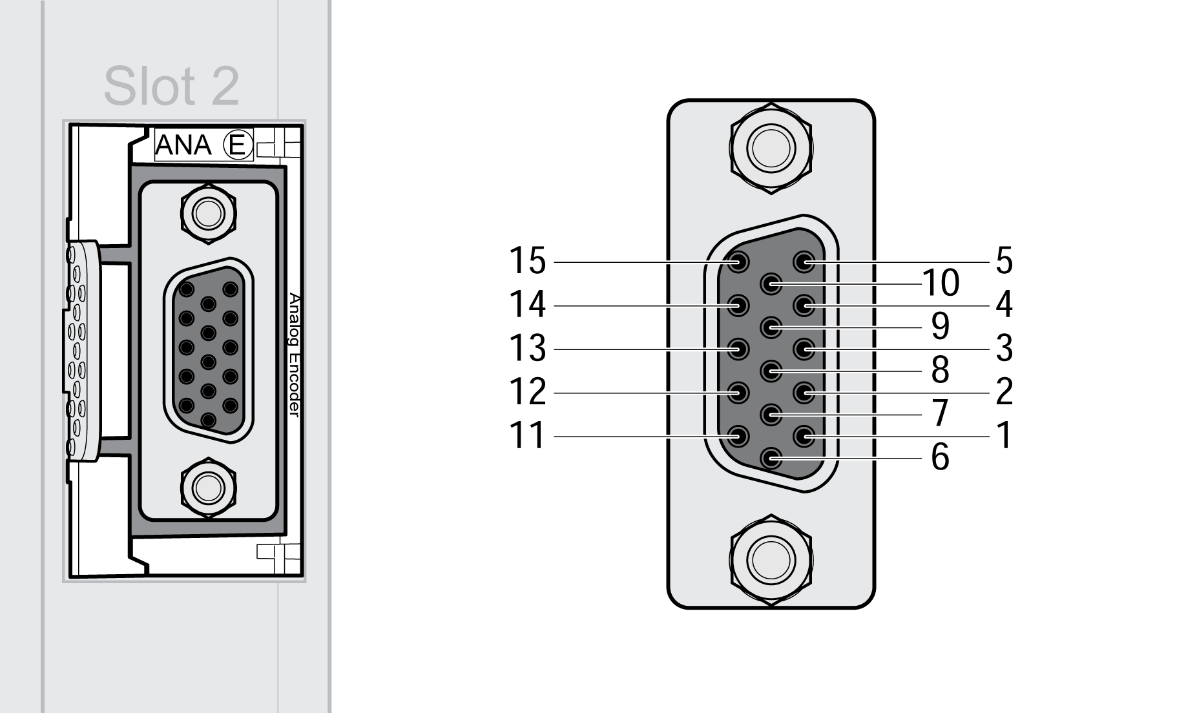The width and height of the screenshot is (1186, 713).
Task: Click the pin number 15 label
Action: tap(528, 261)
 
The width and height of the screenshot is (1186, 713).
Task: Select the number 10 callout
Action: tap(941, 283)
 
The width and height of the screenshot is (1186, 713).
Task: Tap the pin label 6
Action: tap(940, 457)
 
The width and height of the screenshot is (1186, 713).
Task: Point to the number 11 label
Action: tap(528, 436)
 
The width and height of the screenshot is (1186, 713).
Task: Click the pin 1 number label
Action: tap(1004, 436)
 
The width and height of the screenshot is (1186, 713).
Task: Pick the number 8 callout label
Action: tap(940, 370)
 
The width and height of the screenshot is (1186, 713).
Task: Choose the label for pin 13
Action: tap(528, 349)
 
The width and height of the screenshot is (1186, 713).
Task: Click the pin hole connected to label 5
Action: tap(804, 262)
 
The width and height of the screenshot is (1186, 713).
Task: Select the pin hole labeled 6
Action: tap(771, 459)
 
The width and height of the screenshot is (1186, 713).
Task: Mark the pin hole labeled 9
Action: tap(771, 327)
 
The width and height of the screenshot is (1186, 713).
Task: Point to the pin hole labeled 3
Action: tap(804, 350)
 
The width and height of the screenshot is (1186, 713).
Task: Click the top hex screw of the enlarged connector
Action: tap(771, 147)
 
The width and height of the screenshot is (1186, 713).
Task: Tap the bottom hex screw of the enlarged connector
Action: tap(771, 560)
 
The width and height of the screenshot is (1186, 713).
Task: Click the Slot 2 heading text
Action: tap(171, 86)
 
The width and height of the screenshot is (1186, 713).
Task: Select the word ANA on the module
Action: tap(183, 145)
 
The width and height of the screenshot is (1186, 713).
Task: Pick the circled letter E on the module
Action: tap(237, 145)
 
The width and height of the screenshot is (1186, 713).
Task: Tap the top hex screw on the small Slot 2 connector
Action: tap(208, 212)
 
